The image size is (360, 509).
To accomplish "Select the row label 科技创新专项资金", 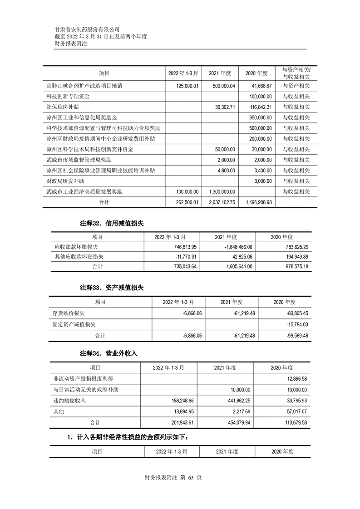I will tap(68, 97).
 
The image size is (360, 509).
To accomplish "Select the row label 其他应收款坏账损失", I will tap(79, 257).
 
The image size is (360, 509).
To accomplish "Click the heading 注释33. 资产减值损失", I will tap(112, 288).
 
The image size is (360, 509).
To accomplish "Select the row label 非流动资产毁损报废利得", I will tap(83, 378).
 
